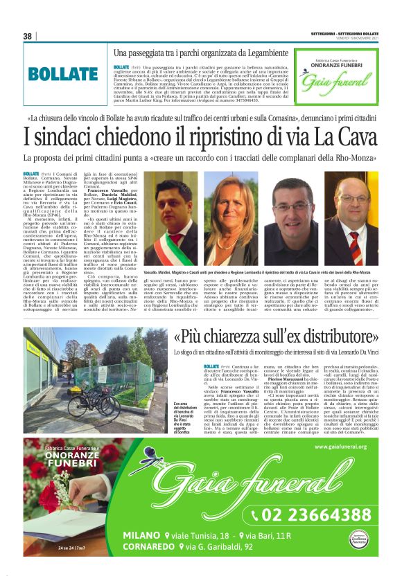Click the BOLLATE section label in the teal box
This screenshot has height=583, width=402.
tap(63, 75)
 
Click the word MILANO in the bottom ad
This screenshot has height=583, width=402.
tap(142, 535)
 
